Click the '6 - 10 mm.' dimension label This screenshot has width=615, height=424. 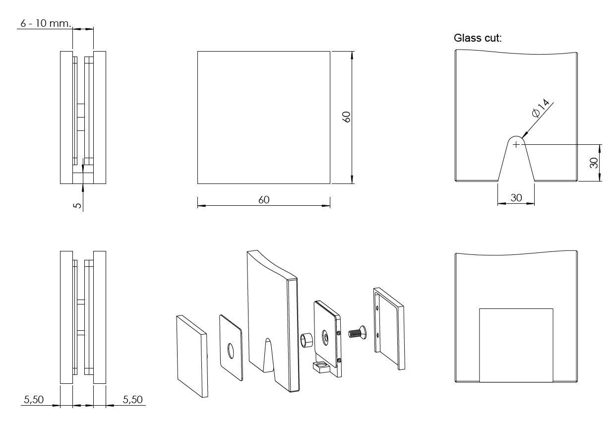click(x=46, y=24)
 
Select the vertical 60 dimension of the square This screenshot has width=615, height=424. click(x=347, y=117)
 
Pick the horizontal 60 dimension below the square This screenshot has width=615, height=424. click(x=263, y=199)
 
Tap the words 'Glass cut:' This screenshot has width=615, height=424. click(x=478, y=38)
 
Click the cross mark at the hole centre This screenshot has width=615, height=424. click(x=516, y=144)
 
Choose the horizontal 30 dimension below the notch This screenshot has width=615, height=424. click(x=516, y=197)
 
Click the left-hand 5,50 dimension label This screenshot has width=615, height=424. click(x=34, y=399)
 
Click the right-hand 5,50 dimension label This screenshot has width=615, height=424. click(x=130, y=399)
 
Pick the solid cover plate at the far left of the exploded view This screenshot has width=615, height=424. click(x=191, y=356)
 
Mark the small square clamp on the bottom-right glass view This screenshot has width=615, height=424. click(x=516, y=345)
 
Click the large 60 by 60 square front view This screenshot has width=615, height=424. click(x=263, y=117)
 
